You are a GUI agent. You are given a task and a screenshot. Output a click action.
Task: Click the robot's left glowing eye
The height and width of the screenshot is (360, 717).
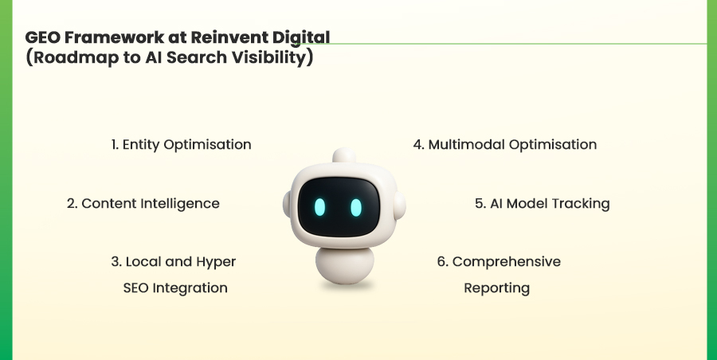click(319, 206)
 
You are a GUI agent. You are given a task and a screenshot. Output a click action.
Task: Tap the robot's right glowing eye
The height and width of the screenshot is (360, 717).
click(355, 206)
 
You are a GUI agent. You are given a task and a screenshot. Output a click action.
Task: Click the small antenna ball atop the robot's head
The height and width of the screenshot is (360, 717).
click(343, 155)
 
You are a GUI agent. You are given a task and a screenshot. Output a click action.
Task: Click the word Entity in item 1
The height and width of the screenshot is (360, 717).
click(141, 145)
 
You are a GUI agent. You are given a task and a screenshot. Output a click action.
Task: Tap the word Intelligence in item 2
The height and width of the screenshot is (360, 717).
click(180, 203)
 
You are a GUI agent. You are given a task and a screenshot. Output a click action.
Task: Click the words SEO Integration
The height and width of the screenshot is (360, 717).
click(175, 288)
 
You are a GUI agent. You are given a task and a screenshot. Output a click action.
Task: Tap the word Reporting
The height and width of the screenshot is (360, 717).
click(496, 288)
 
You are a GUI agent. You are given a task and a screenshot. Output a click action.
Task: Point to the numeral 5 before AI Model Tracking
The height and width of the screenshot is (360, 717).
click(479, 203)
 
